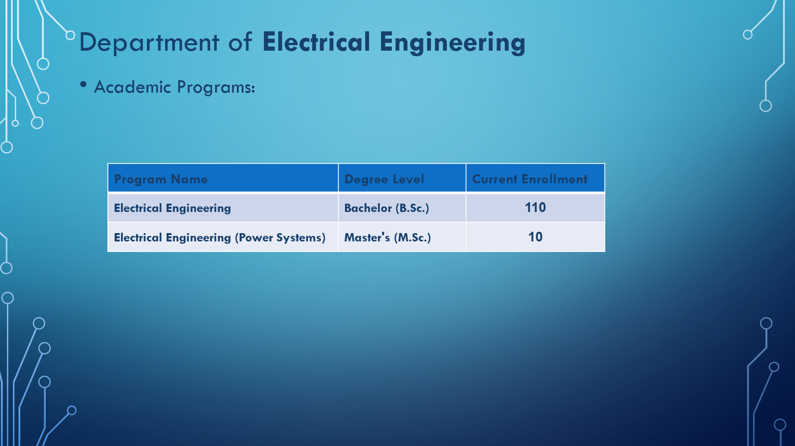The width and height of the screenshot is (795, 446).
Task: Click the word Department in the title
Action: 149,42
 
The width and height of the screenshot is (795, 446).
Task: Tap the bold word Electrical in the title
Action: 316,41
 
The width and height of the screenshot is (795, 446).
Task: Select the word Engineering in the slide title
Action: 452,43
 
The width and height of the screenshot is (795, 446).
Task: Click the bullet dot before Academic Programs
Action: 83,84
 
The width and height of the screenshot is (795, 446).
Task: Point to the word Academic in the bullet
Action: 132,87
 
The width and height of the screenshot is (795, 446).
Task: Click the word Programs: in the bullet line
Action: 216,87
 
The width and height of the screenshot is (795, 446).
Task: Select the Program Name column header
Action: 160,179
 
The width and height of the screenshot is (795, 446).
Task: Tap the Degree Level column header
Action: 384,179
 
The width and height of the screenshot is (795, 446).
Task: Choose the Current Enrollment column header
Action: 530,179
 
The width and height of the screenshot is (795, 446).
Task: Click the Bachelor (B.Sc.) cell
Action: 386,208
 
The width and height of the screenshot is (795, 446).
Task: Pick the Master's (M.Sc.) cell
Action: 387,237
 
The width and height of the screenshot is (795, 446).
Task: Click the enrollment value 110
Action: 535,207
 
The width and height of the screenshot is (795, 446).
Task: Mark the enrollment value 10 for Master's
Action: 535,237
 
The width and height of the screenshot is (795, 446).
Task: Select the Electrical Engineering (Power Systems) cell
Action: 220,238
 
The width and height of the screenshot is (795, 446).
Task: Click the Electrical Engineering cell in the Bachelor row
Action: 172,208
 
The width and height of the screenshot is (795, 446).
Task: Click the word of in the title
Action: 240,42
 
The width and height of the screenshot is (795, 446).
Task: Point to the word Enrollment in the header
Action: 555,179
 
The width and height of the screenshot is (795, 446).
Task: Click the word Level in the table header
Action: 408,179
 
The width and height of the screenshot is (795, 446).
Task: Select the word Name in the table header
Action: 189,179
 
